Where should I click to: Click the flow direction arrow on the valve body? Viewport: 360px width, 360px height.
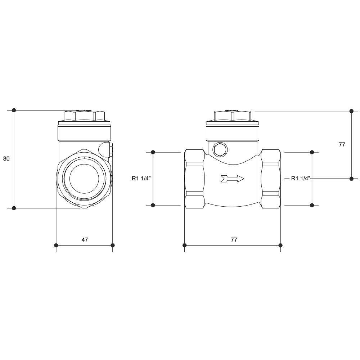[232, 179]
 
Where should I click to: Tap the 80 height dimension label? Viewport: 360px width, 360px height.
[6, 159]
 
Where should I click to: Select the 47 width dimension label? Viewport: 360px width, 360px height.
[85, 240]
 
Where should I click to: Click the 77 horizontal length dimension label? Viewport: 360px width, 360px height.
[234, 240]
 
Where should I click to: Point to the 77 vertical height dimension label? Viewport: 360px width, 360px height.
[342, 144]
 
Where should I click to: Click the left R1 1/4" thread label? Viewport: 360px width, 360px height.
[141, 178]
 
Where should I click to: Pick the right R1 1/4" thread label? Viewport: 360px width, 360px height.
[301, 178]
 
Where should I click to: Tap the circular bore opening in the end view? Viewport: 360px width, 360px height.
[84, 179]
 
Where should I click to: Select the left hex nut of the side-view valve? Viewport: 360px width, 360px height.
[195, 179]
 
